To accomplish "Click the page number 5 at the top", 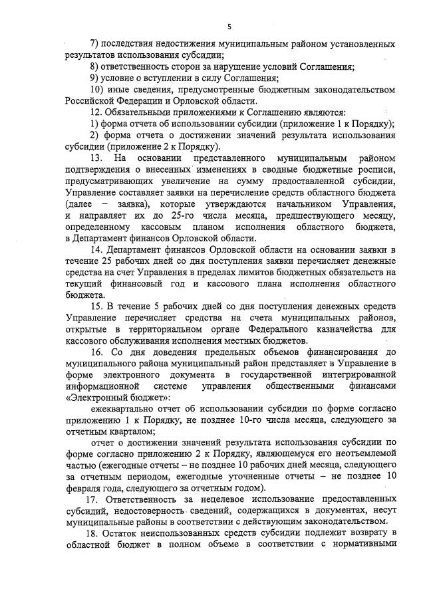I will (x=229, y=26).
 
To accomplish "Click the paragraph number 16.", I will (x=96, y=351).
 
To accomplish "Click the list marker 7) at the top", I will (x=94, y=43).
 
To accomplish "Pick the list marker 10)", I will (x=96, y=89).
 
